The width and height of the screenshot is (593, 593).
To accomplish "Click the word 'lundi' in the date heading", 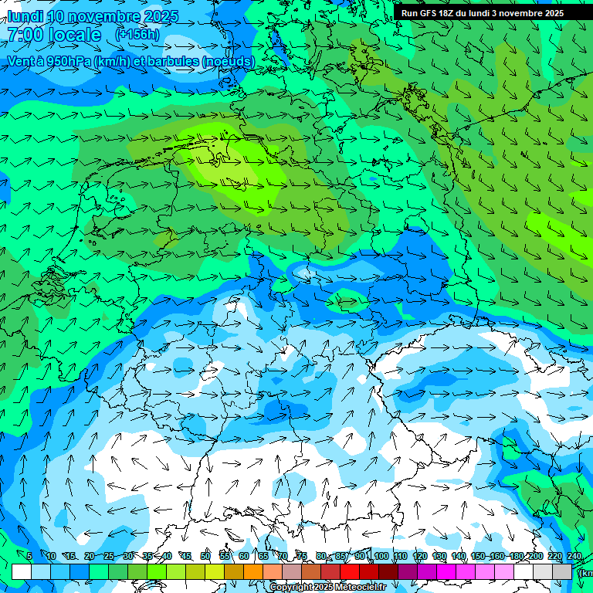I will (25, 16).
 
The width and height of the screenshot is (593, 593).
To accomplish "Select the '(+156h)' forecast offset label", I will (137, 35).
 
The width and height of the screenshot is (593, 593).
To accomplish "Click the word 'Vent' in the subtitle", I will (21, 60).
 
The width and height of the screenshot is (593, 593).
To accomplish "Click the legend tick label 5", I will (29, 556).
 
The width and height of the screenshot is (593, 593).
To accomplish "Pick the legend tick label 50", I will (205, 556).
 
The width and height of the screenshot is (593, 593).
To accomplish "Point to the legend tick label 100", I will (381, 556).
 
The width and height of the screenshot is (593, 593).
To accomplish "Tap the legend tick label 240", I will (574, 556).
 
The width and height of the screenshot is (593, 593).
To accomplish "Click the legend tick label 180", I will (517, 556).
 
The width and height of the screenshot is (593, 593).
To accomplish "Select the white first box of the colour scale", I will (21, 571).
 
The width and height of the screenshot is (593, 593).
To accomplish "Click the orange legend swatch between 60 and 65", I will (253, 571).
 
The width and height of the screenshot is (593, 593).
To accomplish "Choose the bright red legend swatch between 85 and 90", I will (350, 571).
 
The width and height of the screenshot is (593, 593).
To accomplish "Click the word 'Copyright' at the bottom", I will (292, 588).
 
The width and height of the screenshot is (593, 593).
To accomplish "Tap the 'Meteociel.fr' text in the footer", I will (360, 588).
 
